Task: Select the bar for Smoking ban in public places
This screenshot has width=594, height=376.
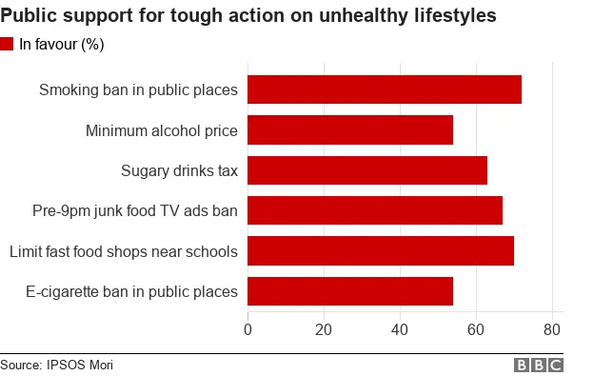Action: pyautogui.click(x=385, y=89)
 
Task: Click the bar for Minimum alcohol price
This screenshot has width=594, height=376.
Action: pyautogui.click(x=350, y=130)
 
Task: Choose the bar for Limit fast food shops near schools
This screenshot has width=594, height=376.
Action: pyautogui.click(x=381, y=251)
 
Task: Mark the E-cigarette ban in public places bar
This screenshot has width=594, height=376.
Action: pyautogui.click(x=350, y=291)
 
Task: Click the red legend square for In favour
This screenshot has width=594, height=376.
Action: pyautogui.click(x=8, y=44)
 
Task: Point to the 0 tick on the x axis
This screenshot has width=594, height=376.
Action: pyautogui.click(x=248, y=330)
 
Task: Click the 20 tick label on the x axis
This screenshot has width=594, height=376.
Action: pyautogui.click(x=324, y=330)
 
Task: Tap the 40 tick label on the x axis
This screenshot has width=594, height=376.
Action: pyautogui.click(x=400, y=330)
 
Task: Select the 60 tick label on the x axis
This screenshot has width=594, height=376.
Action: pyautogui.click(x=475, y=330)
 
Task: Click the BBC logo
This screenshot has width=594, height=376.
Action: pyautogui.click(x=539, y=366)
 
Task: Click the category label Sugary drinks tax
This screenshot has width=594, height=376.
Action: pyautogui.click(x=179, y=171)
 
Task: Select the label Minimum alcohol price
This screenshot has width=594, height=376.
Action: pyautogui.click(x=161, y=130)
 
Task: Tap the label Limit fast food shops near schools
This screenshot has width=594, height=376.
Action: pyautogui.click(x=123, y=251)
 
